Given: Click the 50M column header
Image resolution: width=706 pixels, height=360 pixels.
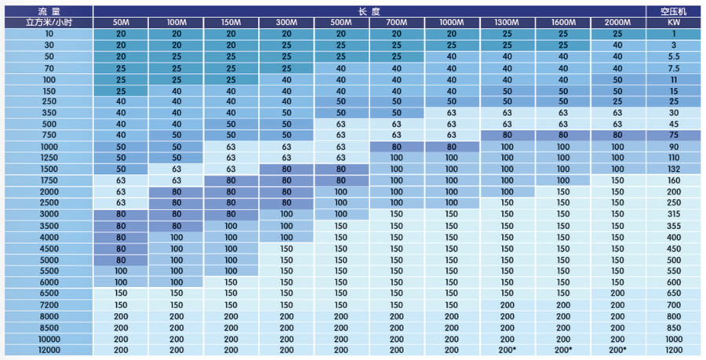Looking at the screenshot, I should click(121, 23).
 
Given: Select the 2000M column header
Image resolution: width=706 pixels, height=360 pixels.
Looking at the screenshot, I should click(618, 23).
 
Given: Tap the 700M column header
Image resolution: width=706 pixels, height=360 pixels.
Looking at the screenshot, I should click(397, 23).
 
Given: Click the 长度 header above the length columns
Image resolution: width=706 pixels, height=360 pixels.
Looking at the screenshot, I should click(369, 10).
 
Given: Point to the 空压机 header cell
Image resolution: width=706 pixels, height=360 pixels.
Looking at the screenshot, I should click(673, 10).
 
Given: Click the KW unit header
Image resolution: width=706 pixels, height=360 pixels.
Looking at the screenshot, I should click(673, 23).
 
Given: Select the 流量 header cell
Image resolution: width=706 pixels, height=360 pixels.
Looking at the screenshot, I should click(49, 10).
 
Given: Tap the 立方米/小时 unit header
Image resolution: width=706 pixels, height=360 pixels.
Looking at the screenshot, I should click(49, 23).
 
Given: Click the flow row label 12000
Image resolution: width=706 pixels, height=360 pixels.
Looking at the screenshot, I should click(49, 350).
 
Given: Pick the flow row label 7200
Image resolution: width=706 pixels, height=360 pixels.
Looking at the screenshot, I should click(49, 304).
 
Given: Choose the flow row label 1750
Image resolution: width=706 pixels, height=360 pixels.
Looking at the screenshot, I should click(49, 180).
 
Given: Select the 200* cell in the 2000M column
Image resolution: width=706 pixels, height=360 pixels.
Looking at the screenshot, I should click(619, 350).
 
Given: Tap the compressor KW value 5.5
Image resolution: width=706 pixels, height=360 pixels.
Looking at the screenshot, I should click(673, 57).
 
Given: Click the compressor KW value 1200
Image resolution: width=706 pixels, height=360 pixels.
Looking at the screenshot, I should click(673, 350).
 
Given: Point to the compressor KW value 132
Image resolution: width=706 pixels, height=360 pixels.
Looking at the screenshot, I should click(673, 169).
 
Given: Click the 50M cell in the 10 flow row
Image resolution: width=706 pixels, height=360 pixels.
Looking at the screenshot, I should click(121, 35).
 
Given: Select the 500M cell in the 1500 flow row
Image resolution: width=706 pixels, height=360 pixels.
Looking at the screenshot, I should click(341, 169).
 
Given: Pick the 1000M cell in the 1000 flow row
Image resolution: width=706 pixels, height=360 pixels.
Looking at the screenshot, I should click(452, 147).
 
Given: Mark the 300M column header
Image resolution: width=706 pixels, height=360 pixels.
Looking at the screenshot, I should click(286, 23).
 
